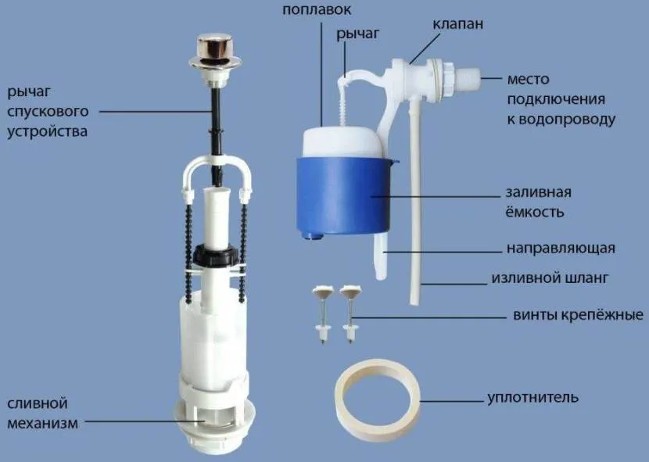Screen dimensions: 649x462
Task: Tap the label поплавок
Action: pos(317,9)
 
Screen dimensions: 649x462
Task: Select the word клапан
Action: pos(457,24)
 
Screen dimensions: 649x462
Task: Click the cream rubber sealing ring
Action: pos(377,398)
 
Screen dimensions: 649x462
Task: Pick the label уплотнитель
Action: pos(532,397)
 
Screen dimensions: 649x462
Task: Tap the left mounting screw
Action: pos(323,313)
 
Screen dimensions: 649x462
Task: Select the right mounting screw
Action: pos(350,313)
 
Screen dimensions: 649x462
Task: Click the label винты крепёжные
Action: pos(578,315)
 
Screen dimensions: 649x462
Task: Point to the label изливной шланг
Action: pos(550,278)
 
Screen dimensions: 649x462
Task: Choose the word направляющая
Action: pos(561,248)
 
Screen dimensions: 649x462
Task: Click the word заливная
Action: pos(539,192)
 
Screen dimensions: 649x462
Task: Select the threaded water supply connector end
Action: pos(468,78)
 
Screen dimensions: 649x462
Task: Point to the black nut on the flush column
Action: pos(216,254)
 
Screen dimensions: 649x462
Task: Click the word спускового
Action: pos(48,112)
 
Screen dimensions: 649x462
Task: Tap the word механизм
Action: pos(43,424)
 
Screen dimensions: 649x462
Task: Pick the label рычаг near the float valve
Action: pos(357,34)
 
